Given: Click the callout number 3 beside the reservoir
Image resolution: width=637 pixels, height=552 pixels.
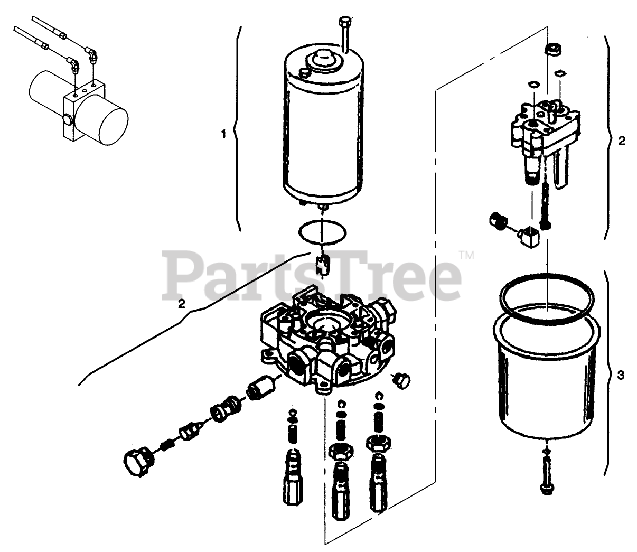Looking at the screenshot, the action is [x=621, y=376].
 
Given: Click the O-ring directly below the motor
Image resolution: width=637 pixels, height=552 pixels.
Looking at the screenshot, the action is [x=322, y=231].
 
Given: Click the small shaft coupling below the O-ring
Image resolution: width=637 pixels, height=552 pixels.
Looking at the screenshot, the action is [x=322, y=262].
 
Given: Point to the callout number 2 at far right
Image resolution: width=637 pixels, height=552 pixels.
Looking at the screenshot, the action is [x=622, y=141].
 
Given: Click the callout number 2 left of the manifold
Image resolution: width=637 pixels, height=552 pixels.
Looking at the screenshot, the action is [x=181, y=303].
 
